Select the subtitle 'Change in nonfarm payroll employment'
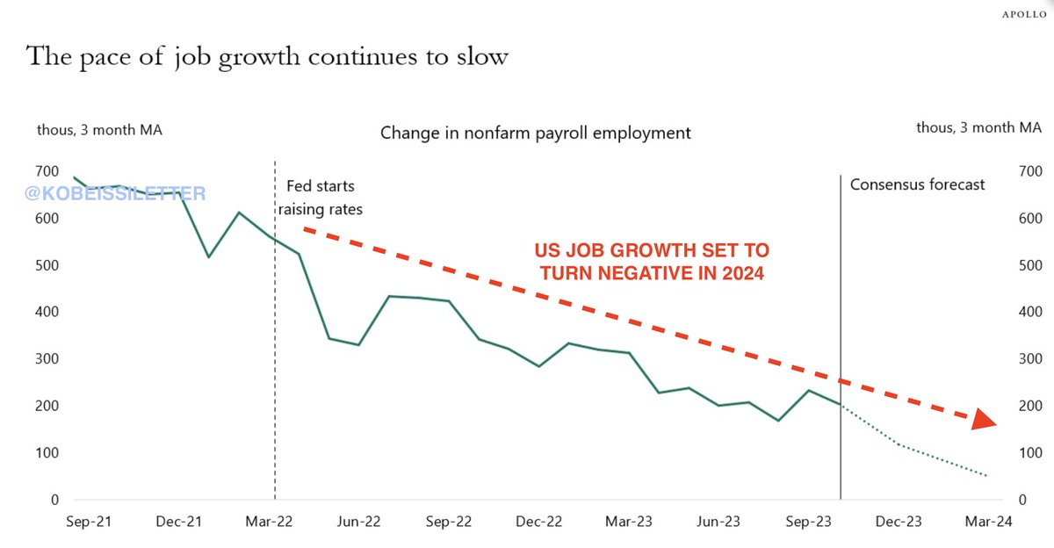535,133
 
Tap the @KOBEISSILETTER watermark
115,193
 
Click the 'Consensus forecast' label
917,184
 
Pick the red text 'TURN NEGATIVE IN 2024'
652,273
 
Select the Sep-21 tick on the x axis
90,522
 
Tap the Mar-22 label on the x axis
270,522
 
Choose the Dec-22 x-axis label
538,522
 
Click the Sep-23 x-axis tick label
807,522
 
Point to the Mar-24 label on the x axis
988,522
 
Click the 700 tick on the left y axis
48,171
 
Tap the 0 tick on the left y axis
54,500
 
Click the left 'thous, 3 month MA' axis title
99,130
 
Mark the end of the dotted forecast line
987,476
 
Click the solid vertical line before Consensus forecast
841,334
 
